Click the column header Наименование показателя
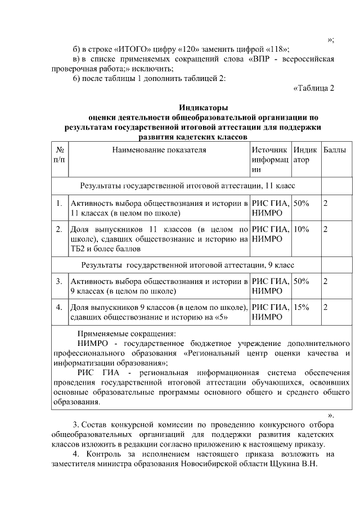coord(159,150)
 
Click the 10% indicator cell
coord(301,229)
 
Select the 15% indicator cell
coord(301,307)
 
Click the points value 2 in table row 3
coord(326,281)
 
